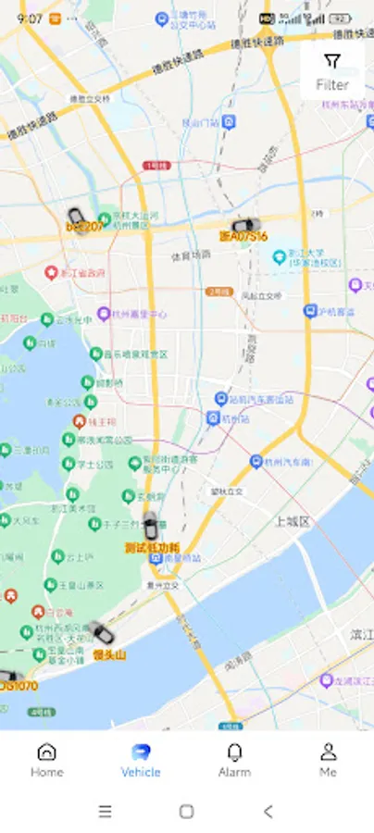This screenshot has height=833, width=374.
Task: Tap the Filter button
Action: [332, 71]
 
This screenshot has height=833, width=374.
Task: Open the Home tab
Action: [46, 759]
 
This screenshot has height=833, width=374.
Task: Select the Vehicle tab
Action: [141, 759]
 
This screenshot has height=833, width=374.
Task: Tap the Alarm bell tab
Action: [234, 759]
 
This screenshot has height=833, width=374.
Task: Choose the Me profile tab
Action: [328, 759]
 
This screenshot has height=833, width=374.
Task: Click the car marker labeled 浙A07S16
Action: [244, 225]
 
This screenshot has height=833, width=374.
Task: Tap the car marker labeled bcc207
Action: [77, 217]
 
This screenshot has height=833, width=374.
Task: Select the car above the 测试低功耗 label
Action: [150, 526]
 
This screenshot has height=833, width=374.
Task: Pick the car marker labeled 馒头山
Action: [102, 634]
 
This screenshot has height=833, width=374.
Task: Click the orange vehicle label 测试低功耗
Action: [152, 547]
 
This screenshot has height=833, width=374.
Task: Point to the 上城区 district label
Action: [292, 521]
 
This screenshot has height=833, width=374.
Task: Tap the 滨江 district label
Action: [360, 634]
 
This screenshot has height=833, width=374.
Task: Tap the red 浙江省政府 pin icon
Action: [52, 273]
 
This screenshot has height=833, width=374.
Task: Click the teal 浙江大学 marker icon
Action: [279, 255]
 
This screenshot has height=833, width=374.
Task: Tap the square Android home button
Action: [186, 812]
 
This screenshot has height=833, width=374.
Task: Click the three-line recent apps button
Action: [106, 812]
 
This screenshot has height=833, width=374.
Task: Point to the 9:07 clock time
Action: [30, 19]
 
